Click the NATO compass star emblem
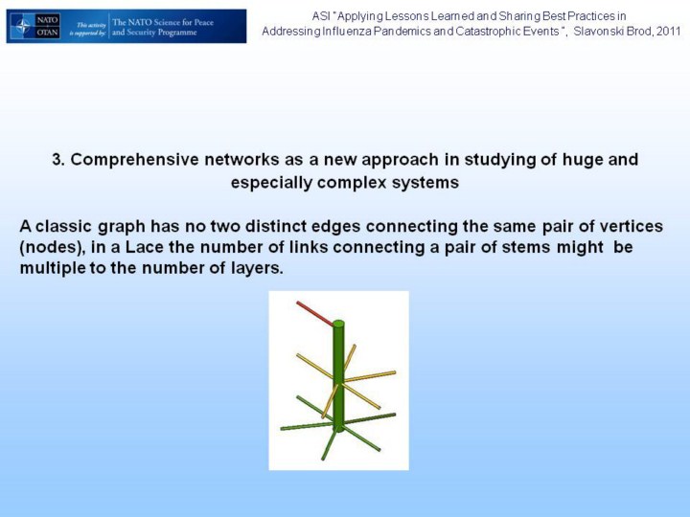coord(22,27)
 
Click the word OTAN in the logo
coord(47,33)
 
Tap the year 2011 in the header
coord(669,32)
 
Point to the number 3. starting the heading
coord(58,159)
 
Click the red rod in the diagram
coord(314,313)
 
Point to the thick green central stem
coord(338,376)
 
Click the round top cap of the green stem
coord(338,324)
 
